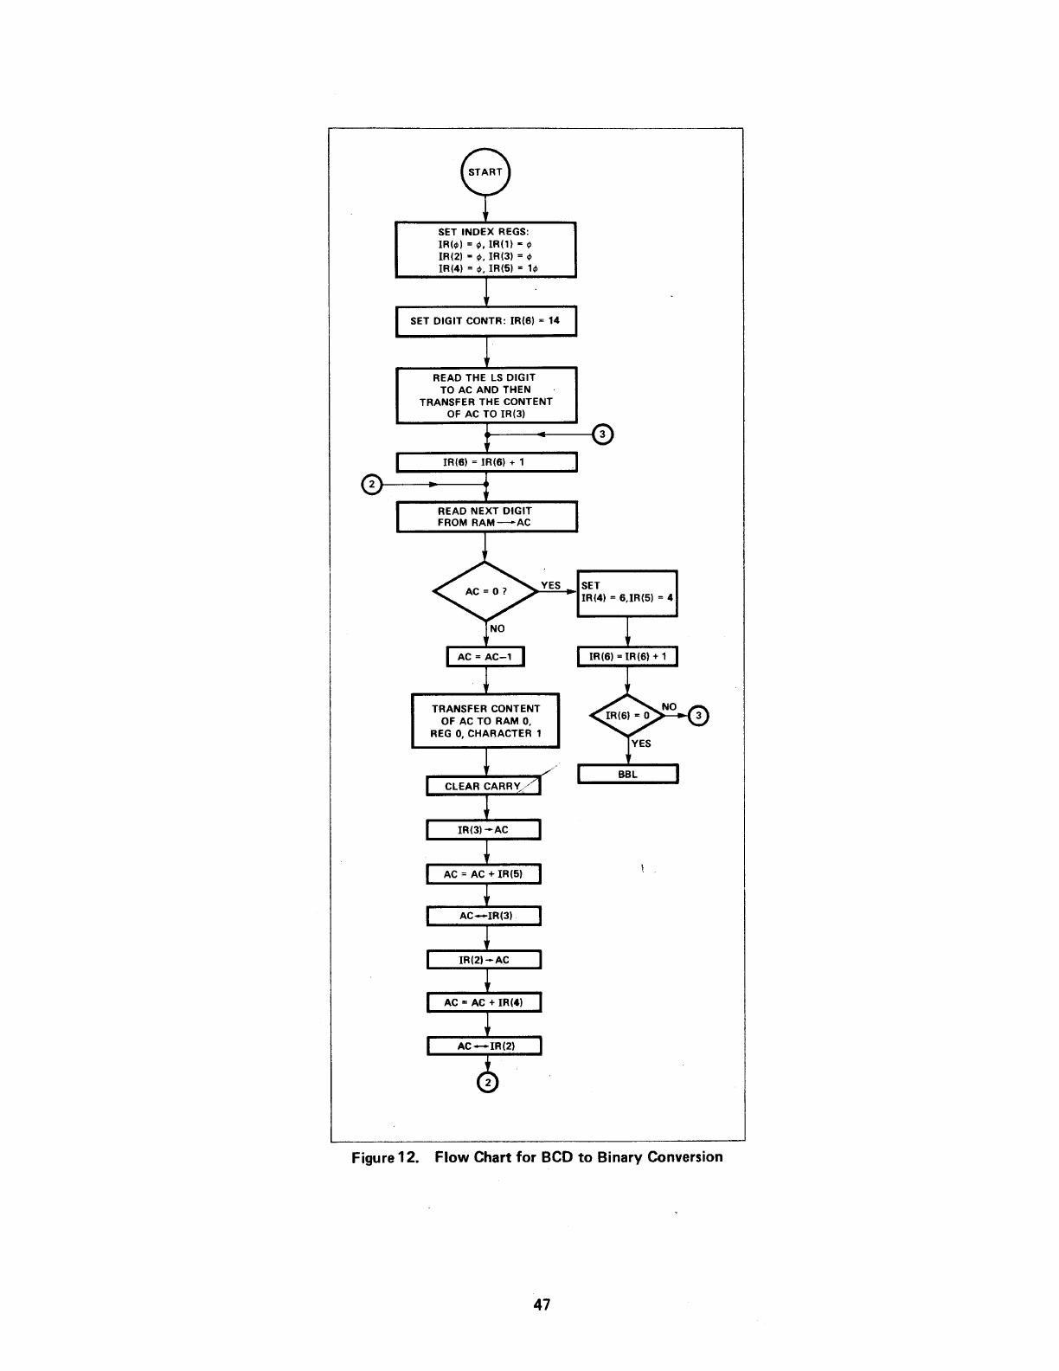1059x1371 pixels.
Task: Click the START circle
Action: tap(485, 171)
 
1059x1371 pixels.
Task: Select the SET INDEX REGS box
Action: tap(485, 250)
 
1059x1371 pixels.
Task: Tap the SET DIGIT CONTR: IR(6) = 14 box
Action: tap(485, 320)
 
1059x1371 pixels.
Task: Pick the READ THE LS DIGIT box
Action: tap(485, 396)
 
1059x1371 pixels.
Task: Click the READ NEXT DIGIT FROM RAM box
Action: tap(485, 517)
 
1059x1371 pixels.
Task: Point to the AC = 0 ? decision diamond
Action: tap(485, 591)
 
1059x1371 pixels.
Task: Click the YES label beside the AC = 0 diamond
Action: tap(550, 585)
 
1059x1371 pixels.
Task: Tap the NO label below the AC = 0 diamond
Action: tap(497, 628)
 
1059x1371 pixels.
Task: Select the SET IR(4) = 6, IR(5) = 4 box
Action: tap(627, 593)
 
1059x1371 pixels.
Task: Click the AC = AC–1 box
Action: tap(485, 657)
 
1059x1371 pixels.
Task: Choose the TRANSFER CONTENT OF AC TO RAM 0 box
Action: tap(485, 721)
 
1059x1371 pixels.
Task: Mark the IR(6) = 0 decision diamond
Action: tap(627, 716)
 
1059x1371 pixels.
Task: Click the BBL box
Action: tap(627, 774)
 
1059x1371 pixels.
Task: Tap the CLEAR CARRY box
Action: tap(483, 786)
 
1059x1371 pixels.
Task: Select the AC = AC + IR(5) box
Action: tap(483, 874)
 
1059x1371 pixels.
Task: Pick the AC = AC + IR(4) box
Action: tap(483, 1002)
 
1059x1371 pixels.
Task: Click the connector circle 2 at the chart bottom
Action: tap(488, 1083)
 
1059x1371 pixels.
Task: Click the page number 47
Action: tap(542, 1304)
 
